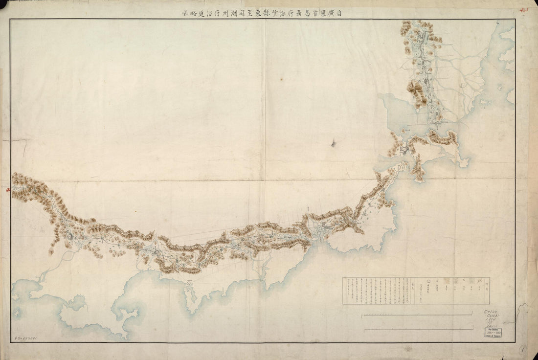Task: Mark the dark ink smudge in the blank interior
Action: pyautogui.click(x=334, y=143)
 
